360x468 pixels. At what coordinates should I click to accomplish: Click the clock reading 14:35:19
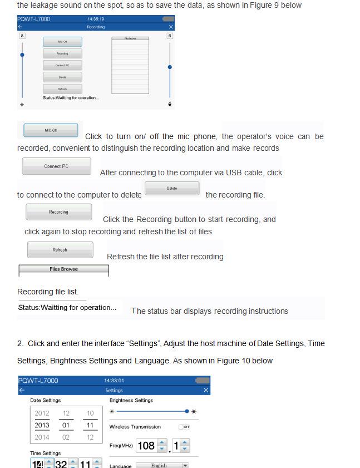click(x=96, y=19)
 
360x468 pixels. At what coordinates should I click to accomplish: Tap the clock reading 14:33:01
click(x=114, y=381)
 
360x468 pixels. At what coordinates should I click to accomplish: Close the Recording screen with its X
click(x=170, y=27)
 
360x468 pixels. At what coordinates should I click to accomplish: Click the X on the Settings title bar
click(x=206, y=391)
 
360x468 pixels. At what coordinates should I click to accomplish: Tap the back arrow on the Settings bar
click(x=22, y=391)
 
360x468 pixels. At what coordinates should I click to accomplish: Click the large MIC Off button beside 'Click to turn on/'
click(x=51, y=130)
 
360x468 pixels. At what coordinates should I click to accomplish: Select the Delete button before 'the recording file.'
click(x=172, y=189)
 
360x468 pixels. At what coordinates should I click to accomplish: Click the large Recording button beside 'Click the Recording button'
click(x=58, y=212)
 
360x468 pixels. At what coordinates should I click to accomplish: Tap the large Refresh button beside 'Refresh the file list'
click(x=60, y=250)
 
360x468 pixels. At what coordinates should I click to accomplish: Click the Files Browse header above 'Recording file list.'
click(x=63, y=269)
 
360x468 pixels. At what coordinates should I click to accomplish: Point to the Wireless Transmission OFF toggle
click(x=184, y=427)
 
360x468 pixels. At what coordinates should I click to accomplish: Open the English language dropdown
click(x=162, y=465)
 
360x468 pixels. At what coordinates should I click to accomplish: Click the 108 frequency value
click(x=146, y=446)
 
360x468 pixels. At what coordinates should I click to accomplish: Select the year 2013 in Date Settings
click(x=42, y=425)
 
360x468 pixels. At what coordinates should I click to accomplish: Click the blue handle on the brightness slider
click(x=187, y=411)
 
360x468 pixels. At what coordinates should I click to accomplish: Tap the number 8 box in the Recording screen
click(x=22, y=36)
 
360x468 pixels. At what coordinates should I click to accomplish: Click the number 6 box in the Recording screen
click(x=170, y=36)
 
